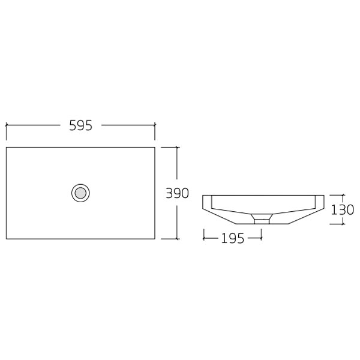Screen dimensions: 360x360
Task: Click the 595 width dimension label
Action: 80,125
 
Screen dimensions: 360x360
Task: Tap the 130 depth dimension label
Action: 343,209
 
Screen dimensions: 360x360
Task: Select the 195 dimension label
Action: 232,238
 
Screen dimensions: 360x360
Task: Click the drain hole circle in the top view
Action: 80,193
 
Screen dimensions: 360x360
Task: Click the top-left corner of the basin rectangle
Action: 6,146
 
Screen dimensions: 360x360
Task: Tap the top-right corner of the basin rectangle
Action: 155,146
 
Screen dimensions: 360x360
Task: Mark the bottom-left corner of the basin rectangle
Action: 6,238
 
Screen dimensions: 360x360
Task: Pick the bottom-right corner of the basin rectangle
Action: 155,238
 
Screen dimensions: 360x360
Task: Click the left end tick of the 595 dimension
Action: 6,125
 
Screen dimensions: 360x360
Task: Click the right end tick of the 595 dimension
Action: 155,125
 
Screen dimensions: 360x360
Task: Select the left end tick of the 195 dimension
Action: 204,238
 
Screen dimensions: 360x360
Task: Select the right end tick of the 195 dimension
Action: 262,238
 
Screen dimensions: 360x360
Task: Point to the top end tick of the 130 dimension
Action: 343,194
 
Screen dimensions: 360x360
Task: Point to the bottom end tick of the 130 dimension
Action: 343,224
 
